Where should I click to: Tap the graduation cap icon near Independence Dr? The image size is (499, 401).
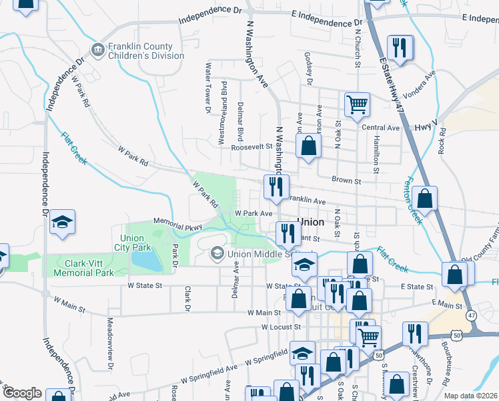(x=62, y=223)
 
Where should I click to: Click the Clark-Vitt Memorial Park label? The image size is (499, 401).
(x=86, y=268)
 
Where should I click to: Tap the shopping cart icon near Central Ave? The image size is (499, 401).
(x=357, y=104)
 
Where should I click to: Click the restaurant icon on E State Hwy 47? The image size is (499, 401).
(x=400, y=47)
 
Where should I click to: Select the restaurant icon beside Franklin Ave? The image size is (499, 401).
(x=274, y=187)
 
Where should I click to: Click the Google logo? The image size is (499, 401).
(x=22, y=393)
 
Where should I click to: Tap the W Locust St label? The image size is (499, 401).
(x=282, y=327)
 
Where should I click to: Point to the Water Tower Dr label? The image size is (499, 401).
(x=208, y=87)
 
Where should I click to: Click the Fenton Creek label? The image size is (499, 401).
(x=412, y=200)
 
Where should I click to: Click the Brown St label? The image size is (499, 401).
(x=347, y=180)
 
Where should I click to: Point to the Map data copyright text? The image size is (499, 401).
(x=471, y=396)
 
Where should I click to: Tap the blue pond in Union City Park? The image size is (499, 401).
(x=147, y=260)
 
